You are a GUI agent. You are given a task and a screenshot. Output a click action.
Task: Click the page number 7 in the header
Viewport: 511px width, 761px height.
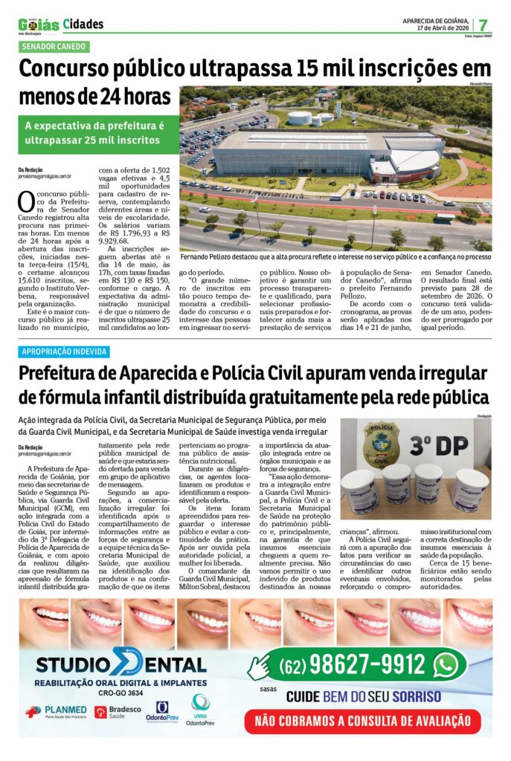483,24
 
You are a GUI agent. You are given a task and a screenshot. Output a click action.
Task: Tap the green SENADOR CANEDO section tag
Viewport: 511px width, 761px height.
54,46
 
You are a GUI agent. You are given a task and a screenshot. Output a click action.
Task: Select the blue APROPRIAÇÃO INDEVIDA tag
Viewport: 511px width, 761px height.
65,352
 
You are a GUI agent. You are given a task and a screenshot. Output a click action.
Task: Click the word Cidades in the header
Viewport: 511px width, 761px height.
83,25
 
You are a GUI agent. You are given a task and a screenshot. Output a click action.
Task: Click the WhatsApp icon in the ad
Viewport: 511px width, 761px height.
446,664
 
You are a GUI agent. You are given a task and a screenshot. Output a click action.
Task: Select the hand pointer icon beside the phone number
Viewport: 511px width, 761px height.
257,666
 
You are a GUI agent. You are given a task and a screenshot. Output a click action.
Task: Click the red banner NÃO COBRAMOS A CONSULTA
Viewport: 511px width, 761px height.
363,719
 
